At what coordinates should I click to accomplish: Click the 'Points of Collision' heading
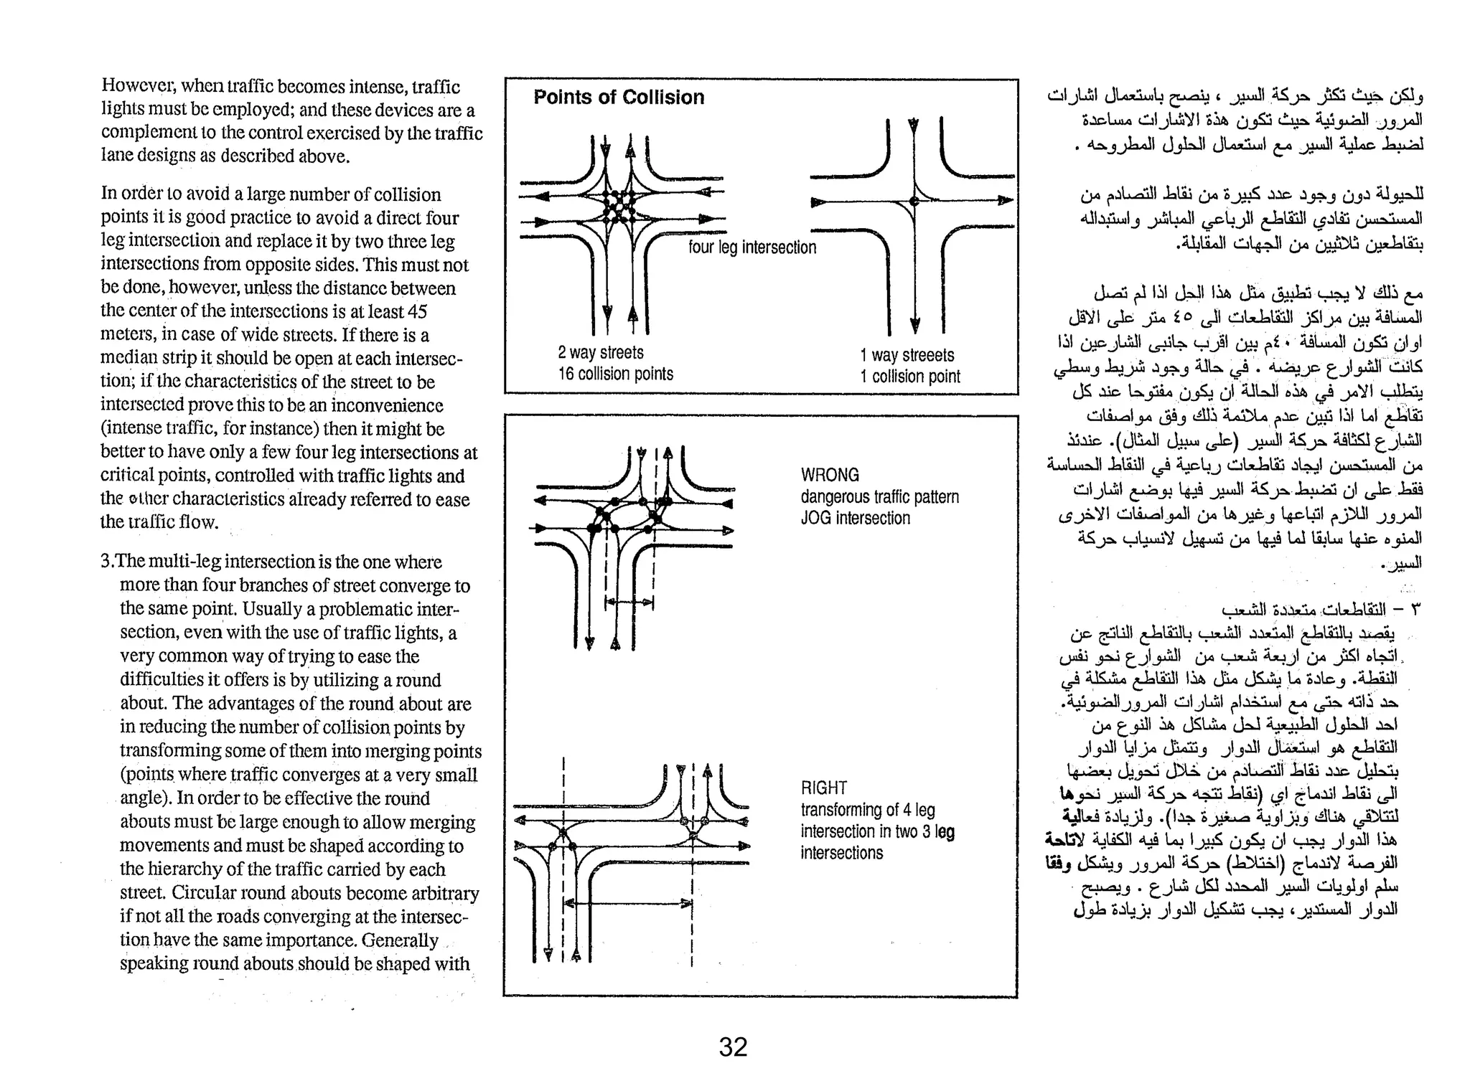coord(619,98)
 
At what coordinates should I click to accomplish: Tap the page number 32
coord(733,1047)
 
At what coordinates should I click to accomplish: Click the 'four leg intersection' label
coord(752,247)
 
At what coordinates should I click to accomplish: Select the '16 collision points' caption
coord(615,374)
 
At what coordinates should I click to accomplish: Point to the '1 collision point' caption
coord(909,377)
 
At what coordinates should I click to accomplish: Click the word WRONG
coord(830,475)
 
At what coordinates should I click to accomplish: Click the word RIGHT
coord(824,788)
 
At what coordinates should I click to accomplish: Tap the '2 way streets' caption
coord(601,353)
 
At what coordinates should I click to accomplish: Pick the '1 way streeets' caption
coord(907,356)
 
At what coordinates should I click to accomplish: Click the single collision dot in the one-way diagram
coord(914,202)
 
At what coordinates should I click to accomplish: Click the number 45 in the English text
coord(417,312)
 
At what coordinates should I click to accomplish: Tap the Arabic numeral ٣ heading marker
coord(1415,610)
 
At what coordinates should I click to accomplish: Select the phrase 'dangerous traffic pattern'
coord(879,496)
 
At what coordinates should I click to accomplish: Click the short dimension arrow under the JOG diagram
coord(629,604)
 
